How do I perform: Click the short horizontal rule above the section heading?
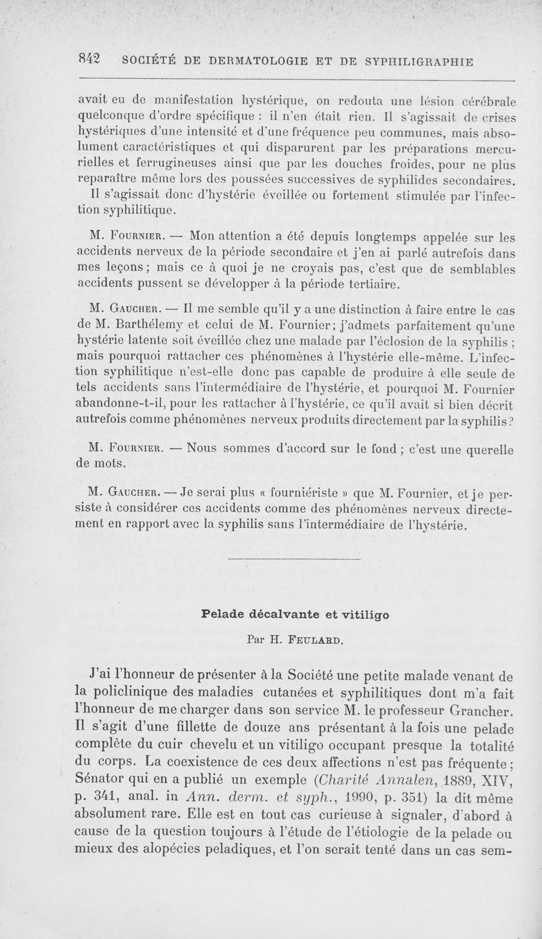pos(292,559)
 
